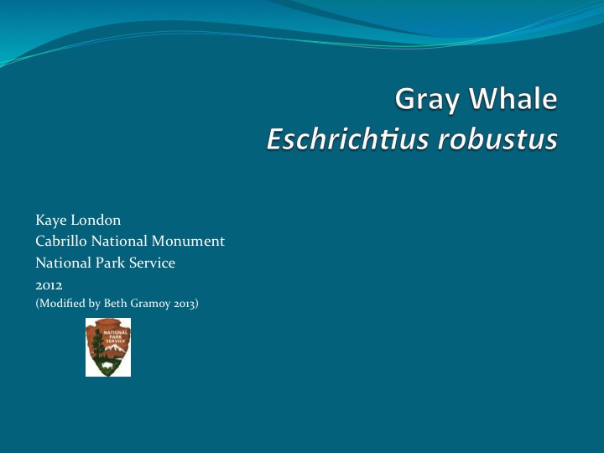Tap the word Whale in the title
tap(513, 100)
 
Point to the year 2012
tap(49, 285)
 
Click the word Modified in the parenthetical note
tap(61, 304)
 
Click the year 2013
tap(185, 304)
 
